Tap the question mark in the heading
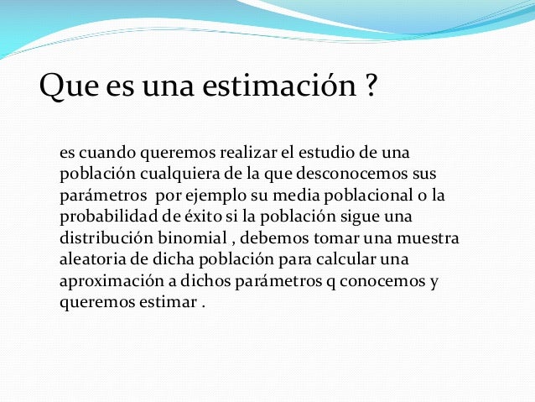point(370,86)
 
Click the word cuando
point(103,154)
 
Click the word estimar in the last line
point(169,300)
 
